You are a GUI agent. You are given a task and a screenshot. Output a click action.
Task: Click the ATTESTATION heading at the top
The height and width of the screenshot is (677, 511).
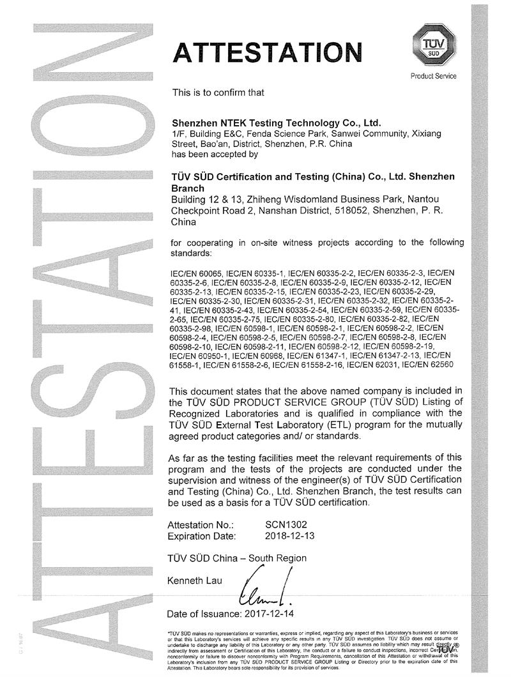(266, 50)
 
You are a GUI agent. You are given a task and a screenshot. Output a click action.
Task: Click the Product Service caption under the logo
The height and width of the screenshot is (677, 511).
(433, 77)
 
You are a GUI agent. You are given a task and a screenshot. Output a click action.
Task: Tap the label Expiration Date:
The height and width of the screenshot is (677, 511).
(201, 535)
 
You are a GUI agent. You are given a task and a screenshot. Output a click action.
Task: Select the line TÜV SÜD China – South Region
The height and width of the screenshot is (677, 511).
(236, 558)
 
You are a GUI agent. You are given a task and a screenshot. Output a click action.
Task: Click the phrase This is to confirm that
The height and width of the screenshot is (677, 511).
(218, 92)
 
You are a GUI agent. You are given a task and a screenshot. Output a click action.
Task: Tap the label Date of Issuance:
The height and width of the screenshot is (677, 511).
(204, 614)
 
